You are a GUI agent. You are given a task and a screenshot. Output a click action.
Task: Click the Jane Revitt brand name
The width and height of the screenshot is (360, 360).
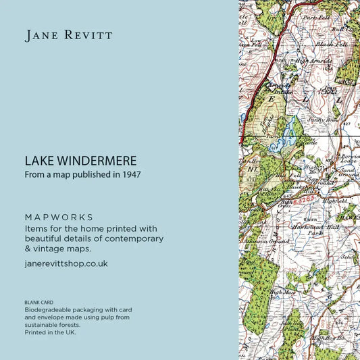(x=69, y=36)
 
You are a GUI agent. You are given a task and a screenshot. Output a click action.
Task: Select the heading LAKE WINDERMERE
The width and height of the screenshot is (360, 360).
(x=80, y=161)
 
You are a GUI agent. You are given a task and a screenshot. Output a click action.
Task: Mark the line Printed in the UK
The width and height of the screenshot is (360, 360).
(x=51, y=332)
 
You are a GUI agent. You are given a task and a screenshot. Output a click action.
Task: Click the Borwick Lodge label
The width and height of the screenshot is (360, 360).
(x=349, y=159)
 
